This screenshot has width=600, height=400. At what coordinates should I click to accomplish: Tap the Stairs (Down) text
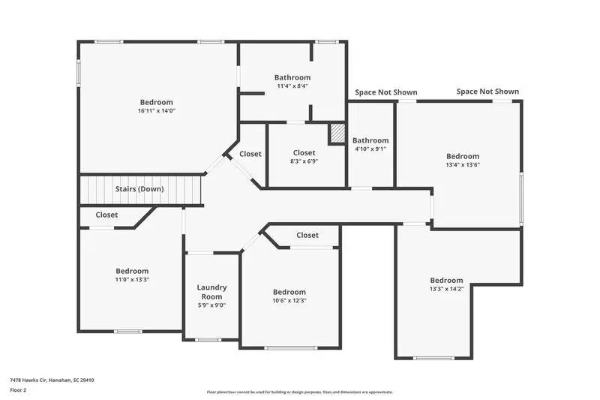point(139,189)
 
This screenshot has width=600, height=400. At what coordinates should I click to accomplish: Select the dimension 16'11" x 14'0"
point(156,111)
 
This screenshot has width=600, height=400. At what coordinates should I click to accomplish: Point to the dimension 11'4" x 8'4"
point(292,86)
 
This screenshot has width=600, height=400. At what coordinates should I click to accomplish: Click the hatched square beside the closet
point(337,134)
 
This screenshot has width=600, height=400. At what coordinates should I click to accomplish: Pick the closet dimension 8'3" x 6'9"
point(304,161)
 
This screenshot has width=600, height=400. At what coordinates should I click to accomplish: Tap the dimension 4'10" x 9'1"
point(370,149)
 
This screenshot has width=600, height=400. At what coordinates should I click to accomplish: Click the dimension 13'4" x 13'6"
point(463,165)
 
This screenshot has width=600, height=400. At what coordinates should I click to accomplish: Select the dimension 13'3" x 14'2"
point(446,289)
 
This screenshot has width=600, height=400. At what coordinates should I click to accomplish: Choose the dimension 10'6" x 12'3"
point(289,300)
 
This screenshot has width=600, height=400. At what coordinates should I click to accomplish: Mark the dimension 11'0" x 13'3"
point(132,279)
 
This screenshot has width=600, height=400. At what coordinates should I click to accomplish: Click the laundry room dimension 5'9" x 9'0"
point(211,305)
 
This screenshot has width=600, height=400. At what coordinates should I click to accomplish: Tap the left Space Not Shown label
point(386,92)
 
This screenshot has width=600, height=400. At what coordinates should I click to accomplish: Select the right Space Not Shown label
point(487,92)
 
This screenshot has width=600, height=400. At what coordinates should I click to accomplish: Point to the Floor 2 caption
point(18,391)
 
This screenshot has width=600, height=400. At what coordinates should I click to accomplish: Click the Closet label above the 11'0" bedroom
point(106,215)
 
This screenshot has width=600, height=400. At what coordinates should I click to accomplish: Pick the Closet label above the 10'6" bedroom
point(307,235)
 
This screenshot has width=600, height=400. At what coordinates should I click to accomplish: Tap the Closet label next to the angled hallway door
point(250,154)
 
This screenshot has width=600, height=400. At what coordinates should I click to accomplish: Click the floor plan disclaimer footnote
point(299,392)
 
